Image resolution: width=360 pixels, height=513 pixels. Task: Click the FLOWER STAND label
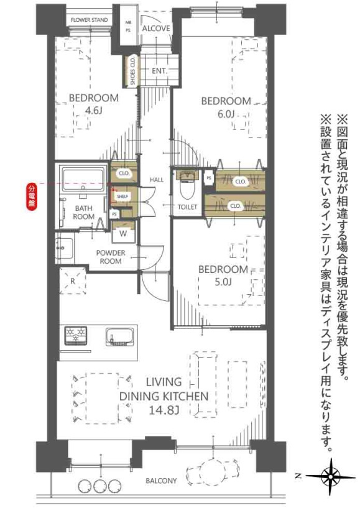coord(89,20)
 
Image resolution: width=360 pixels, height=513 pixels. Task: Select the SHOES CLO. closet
coord(132,72)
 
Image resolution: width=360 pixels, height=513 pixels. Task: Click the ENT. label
coord(159,71)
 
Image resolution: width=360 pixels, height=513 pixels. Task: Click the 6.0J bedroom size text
coord(225,114)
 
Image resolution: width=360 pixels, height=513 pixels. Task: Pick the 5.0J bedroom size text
coord(223,283)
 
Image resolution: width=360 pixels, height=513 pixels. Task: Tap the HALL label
coord(156,180)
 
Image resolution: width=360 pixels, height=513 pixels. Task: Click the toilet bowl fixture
coord(187,185)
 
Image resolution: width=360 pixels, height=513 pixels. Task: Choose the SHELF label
coord(122,196)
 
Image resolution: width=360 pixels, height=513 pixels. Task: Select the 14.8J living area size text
coord(164,410)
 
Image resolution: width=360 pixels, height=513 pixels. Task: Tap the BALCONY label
coord(161,481)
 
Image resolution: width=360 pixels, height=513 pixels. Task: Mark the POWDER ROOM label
coord(110,257)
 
